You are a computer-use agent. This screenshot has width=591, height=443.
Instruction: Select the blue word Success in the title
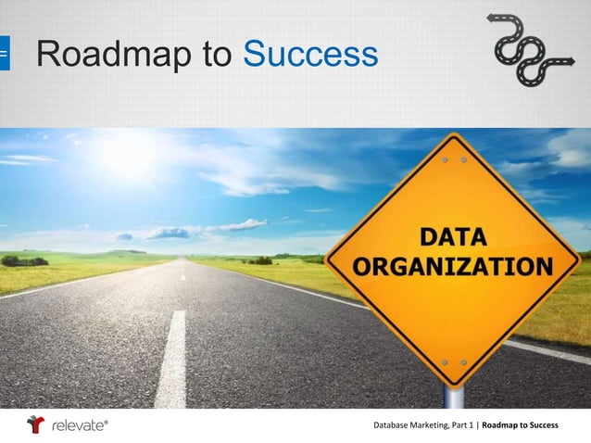pos(310,55)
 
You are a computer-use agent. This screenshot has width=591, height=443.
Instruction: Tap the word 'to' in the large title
pos(217,56)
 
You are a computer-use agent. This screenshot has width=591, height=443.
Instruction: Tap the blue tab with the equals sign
pos(4,55)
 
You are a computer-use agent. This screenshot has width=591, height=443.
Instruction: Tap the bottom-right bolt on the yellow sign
pos(463,361)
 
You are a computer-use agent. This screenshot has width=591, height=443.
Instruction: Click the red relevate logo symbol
pos(36,424)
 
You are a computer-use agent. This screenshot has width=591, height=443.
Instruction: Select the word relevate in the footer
pos(80,425)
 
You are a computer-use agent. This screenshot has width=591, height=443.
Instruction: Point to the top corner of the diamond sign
pos(454,134)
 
